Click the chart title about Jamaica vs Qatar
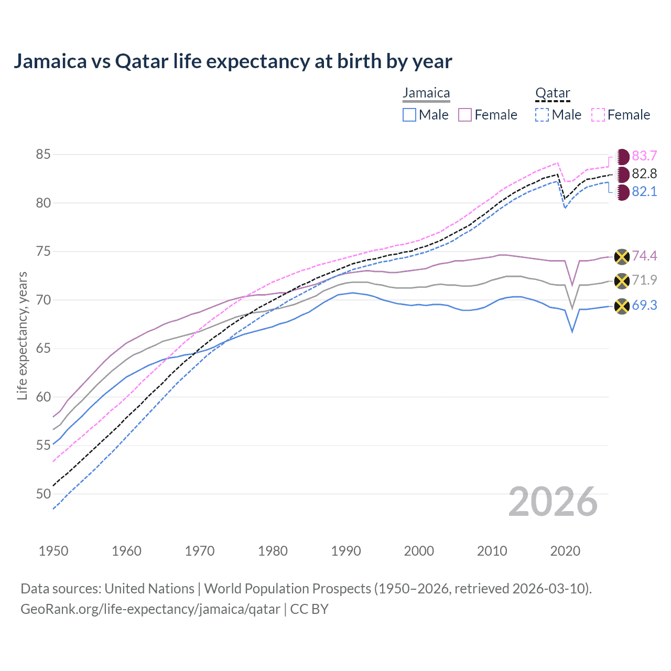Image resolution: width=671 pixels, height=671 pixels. [233, 61]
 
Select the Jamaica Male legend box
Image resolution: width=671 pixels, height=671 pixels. [409, 115]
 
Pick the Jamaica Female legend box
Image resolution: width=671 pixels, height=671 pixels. [465, 115]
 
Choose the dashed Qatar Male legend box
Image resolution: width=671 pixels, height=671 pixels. [542, 115]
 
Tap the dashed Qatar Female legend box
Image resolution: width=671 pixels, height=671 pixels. [598, 115]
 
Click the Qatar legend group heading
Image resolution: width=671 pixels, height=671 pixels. [553, 93]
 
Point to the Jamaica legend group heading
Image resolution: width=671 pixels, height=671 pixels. [426, 93]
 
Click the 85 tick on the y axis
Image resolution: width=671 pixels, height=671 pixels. [44, 155]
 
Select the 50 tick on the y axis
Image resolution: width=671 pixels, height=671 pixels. [44, 494]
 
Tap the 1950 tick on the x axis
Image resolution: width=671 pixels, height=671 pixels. [53, 551]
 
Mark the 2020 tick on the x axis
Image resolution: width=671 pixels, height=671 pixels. [565, 551]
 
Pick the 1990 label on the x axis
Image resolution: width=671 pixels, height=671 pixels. [346, 551]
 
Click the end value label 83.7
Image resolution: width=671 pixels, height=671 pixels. [644, 156]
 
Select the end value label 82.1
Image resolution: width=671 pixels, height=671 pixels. [644, 192]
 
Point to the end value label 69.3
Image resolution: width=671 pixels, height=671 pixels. [644, 306]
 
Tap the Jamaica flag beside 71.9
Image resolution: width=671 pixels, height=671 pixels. [622, 281]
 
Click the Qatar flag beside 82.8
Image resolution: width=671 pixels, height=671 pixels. [622, 174]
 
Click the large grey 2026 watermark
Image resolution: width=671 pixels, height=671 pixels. [553, 502]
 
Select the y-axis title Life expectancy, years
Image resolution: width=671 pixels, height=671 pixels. [22, 335]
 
